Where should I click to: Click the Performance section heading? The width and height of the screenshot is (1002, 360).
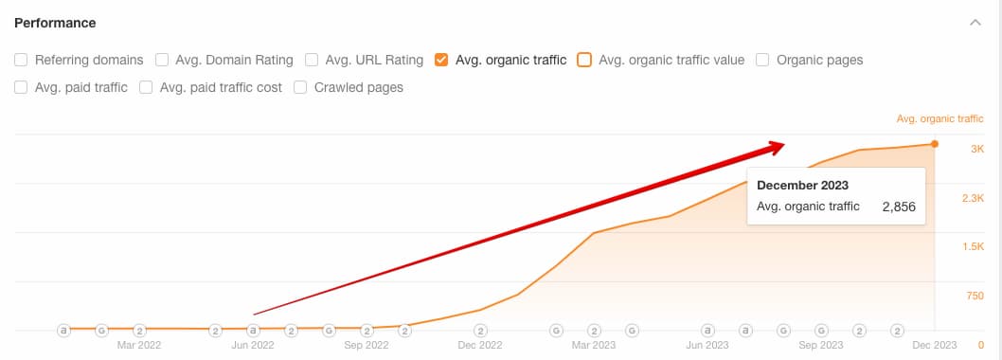click(55, 23)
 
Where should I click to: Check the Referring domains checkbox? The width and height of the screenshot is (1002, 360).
click(21, 60)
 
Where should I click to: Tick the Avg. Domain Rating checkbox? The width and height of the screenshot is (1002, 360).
click(162, 60)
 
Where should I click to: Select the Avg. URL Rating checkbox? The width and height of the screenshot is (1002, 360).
click(312, 60)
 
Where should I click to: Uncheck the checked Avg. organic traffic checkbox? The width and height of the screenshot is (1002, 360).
click(440, 60)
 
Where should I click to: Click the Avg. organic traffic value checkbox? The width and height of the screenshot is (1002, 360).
click(584, 60)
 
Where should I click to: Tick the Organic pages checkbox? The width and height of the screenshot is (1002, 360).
click(762, 60)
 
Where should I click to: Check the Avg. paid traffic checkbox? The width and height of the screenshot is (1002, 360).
click(21, 87)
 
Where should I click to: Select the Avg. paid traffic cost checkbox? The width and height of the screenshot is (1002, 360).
click(146, 87)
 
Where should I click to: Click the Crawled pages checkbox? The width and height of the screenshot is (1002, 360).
click(300, 87)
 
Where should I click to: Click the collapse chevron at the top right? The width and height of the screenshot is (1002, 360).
click(975, 23)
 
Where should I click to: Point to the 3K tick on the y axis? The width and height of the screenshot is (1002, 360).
click(977, 149)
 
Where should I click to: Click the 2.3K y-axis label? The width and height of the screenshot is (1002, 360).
click(973, 198)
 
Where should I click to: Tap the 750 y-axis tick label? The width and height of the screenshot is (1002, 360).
click(974, 296)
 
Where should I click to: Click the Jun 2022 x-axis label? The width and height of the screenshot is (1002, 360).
click(253, 346)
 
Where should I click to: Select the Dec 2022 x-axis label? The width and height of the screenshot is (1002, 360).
click(480, 346)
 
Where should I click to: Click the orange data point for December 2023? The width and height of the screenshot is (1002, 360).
click(935, 144)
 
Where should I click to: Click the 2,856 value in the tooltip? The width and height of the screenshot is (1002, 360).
click(899, 207)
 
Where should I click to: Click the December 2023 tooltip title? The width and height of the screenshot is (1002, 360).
click(802, 185)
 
